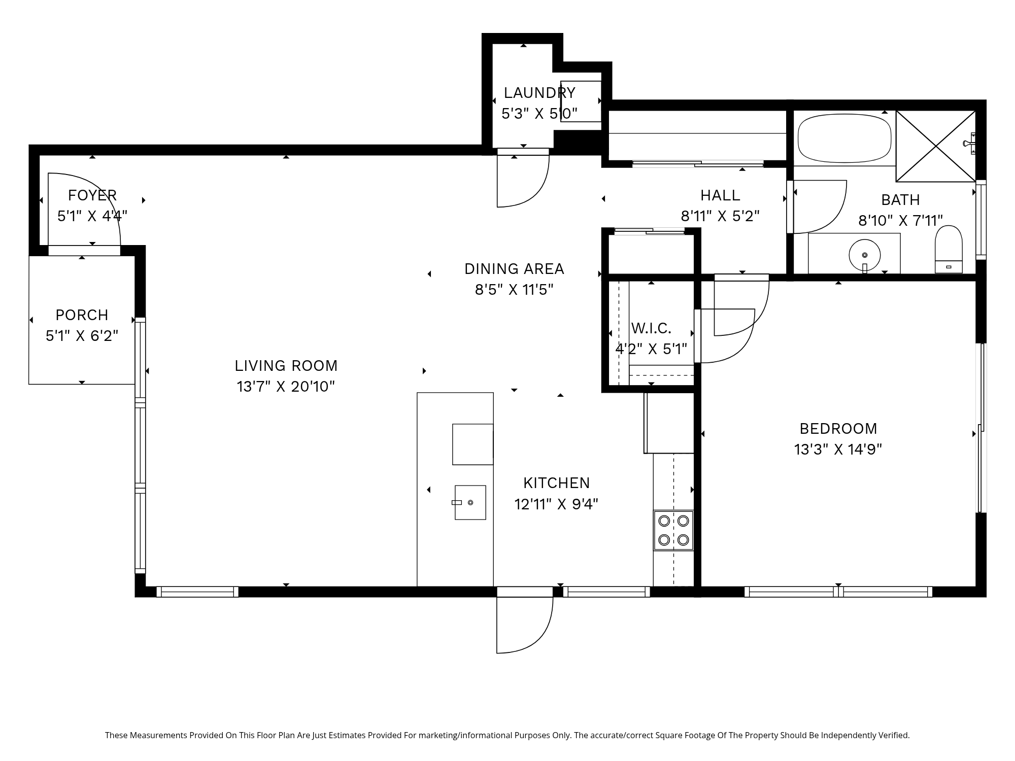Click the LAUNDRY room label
point(539,93)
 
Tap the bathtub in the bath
point(844,138)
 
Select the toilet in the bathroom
point(949,249)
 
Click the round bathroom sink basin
point(864,255)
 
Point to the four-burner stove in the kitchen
point(673,530)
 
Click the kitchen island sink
point(470,502)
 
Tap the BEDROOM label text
point(838,429)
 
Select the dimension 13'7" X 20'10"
point(286,387)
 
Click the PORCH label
point(82,315)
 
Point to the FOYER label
point(92,195)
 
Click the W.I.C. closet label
point(651,328)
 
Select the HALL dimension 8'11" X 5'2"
point(720,216)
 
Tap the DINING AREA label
point(514,269)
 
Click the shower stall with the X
point(936,146)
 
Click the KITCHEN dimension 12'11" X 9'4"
point(556,504)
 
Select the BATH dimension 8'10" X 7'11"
point(901,221)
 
